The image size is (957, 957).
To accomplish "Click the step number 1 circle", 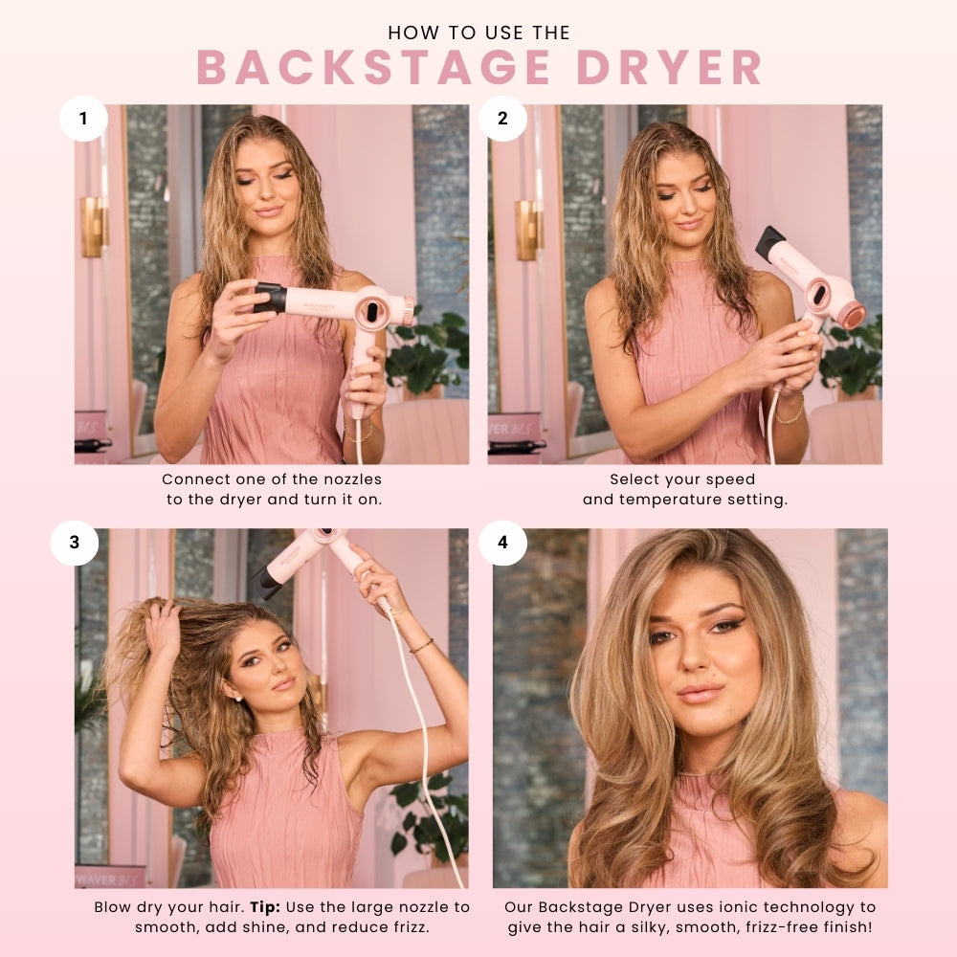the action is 83,119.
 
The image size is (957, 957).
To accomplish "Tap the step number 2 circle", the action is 502,119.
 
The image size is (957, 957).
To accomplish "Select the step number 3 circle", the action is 75,542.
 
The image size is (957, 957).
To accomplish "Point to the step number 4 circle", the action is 502,542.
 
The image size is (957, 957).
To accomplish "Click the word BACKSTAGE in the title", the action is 373,67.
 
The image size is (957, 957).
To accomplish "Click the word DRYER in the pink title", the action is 669,67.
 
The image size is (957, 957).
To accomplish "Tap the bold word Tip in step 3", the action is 265,907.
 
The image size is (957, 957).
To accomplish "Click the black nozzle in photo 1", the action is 270,298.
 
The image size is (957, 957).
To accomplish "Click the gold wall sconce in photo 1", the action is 92,227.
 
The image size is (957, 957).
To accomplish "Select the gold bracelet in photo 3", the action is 422,645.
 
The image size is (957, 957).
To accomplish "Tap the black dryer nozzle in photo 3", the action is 264,582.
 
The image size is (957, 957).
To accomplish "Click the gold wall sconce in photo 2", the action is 526,230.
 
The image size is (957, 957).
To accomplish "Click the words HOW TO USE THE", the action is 479,33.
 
